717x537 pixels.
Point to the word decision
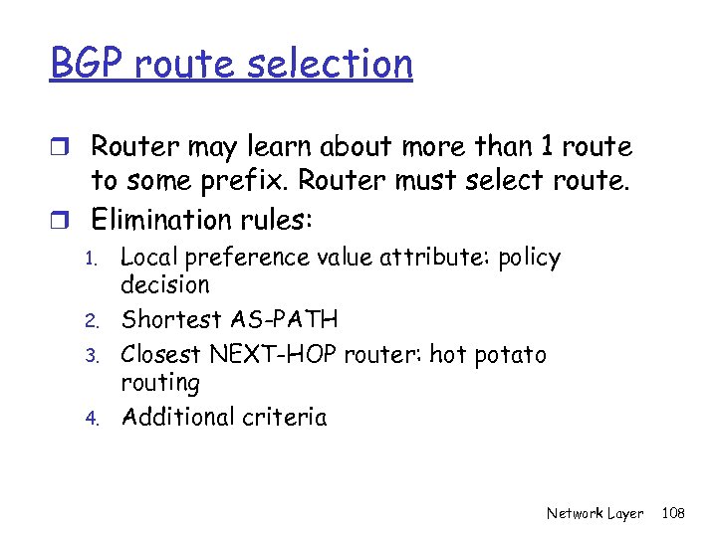pyautogui.click(x=164, y=285)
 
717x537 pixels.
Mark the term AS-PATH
pyautogui.click(x=284, y=320)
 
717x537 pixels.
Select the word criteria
pyautogui.click(x=286, y=417)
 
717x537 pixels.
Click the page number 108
pyautogui.click(x=674, y=513)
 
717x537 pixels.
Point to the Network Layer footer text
pyautogui.click(x=595, y=513)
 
